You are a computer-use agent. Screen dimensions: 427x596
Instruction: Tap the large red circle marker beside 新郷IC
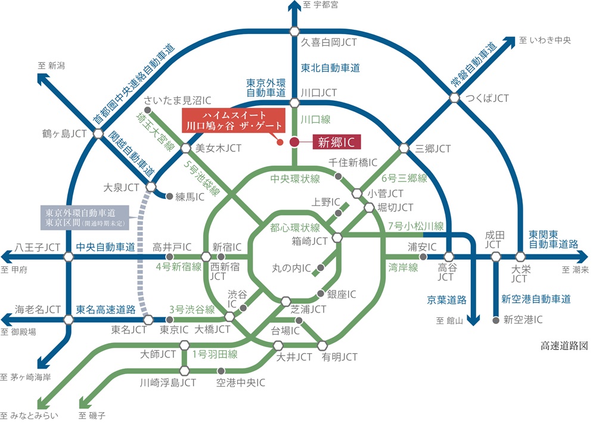[294, 142]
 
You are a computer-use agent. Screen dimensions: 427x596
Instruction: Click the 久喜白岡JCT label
[329, 42]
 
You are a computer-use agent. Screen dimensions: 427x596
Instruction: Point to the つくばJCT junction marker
[455, 98]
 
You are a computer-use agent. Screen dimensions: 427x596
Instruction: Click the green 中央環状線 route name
[296, 178]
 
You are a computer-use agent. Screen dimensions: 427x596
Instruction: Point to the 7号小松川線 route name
[415, 226]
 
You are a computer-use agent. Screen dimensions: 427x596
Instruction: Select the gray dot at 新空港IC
[496, 320]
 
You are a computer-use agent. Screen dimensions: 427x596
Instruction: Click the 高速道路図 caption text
[564, 345]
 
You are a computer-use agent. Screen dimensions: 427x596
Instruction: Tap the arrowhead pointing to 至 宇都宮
[294, 7]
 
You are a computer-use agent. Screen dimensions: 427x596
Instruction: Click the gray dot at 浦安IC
[423, 257]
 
